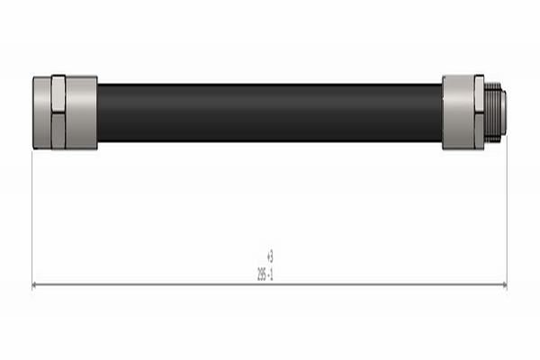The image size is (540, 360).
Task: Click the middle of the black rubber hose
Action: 270,112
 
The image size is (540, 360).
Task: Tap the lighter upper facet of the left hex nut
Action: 58,94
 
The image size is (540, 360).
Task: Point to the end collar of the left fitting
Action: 41,112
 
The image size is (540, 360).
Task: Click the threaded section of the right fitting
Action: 493,112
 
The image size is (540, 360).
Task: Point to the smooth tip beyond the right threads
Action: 503,112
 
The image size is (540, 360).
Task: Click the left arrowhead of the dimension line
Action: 36,284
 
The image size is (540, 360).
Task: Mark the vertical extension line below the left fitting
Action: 32,216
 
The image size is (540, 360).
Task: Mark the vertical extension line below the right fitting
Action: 507,216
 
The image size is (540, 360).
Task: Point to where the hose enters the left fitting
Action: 98,112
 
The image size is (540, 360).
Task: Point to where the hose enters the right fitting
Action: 442,112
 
